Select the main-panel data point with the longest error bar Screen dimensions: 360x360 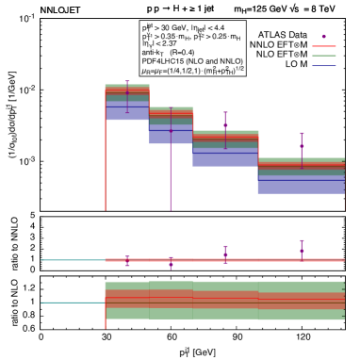pos(171,132)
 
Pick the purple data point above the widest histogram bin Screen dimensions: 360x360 pos(302,146)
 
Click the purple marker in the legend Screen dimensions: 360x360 pos(324,36)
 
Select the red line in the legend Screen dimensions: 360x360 pos(324,46)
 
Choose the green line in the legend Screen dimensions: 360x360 pos(324,57)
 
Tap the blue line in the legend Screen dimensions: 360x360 pos(324,67)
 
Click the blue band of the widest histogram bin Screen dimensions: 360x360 pos(302,184)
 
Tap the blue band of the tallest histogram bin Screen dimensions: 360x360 pos(127,111)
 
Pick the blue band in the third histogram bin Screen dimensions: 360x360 pos(225,155)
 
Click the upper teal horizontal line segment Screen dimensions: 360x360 pos(71,259)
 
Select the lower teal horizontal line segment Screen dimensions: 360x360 pos(71,303)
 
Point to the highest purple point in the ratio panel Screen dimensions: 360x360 pos(302,251)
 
